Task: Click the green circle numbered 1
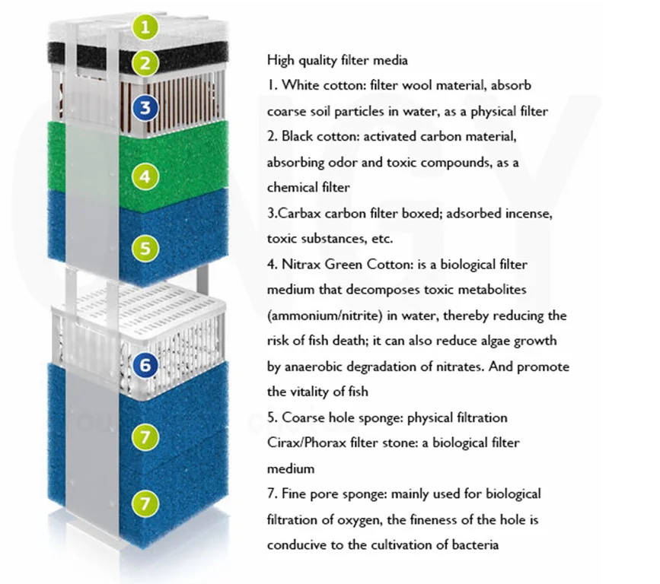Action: point(146,27)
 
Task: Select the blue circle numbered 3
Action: point(147,107)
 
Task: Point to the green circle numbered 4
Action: point(146,177)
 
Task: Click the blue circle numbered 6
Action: point(147,366)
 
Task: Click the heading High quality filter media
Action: point(337,59)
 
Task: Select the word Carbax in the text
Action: point(298,214)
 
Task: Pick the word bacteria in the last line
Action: point(474,544)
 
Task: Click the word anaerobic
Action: point(312,367)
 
